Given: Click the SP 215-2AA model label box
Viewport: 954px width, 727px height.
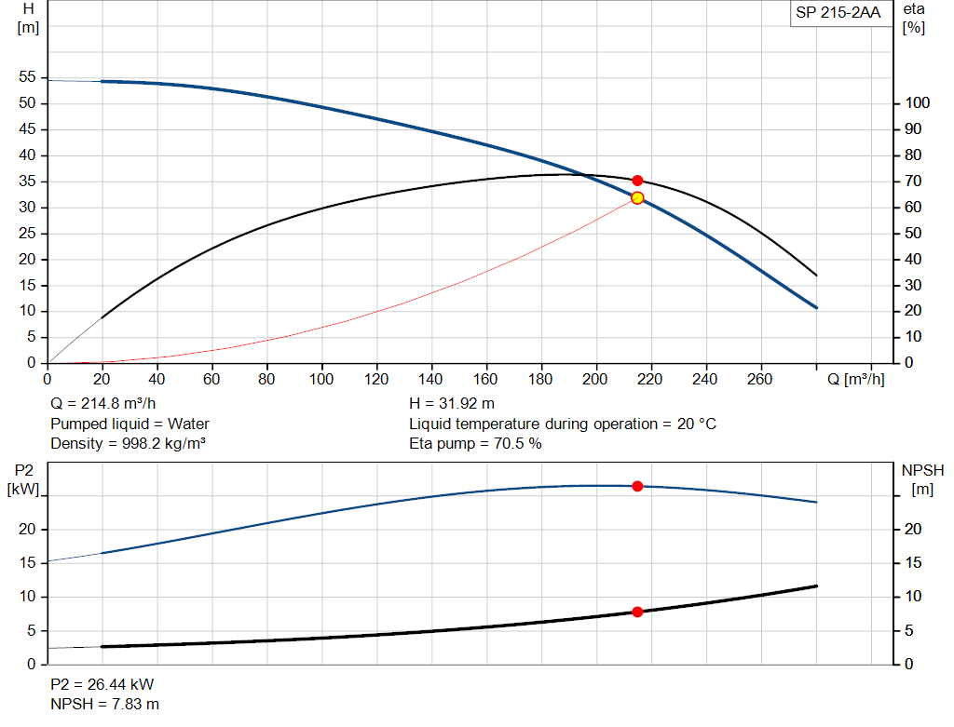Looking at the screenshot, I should [x=838, y=13].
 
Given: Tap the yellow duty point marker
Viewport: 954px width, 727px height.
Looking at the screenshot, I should [x=637, y=197].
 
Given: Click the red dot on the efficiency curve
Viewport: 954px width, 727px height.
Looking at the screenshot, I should [x=637, y=181].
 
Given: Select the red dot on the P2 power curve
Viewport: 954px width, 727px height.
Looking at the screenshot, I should [x=637, y=486].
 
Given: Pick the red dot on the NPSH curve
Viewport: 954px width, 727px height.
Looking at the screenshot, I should [x=637, y=612].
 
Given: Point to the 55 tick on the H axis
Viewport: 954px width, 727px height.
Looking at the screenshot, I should [x=26, y=77].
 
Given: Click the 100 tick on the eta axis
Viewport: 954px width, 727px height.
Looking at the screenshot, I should [x=918, y=102].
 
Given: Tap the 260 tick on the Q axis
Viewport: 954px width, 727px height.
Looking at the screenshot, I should [x=761, y=379].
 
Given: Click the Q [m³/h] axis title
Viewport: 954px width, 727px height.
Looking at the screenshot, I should [x=855, y=379].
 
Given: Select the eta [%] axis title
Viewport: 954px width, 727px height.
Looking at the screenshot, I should [x=913, y=18].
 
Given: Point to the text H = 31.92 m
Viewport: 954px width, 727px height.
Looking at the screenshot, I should [x=452, y=404].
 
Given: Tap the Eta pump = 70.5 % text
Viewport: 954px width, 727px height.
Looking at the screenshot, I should [x=475, y=443].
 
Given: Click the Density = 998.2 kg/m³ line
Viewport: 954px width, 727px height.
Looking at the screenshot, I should [x=128, y=443].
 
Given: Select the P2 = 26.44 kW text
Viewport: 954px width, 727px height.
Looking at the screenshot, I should [x=103, y=684].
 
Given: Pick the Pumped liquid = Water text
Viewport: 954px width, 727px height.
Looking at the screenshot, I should [x=129, y=424].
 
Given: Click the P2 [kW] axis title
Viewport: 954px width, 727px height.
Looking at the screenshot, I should [x=24, y=478].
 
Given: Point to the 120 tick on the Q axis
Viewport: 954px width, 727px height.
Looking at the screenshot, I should [x=376, y=379].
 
